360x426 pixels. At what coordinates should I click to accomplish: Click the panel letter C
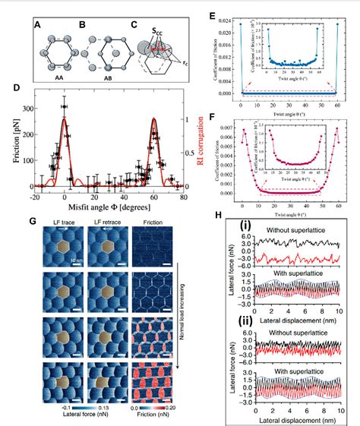tap(134, 24)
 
